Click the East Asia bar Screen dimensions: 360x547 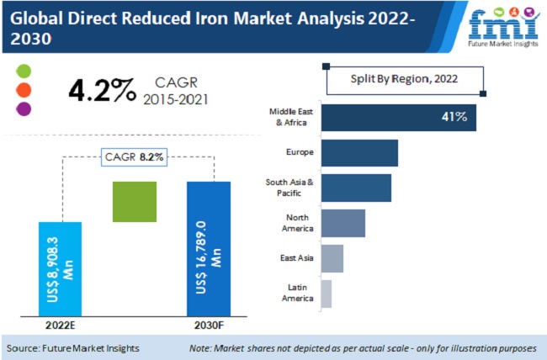tap(332, 259)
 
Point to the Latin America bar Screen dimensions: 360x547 tap(326, 294)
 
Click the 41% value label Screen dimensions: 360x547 tap(454, 117)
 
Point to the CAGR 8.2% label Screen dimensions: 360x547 tap(135, 156)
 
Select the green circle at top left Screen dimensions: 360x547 tap(24, 70)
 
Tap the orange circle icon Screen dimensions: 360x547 tap(24, 89)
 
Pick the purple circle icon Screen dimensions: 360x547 tap(24, 109)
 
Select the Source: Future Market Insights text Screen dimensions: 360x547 tap(73, 347)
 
